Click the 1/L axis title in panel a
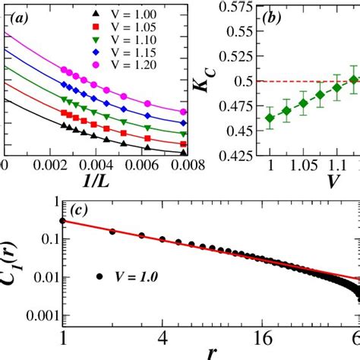(x=96, y=183)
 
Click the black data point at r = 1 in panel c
(x=63, y=221)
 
